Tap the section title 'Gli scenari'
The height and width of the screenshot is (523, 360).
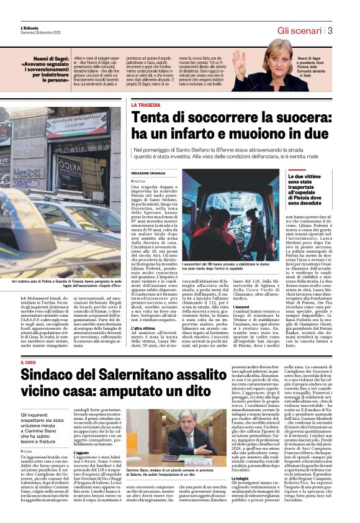click(300, 30)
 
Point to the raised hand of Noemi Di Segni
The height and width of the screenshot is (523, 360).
click(238, 62)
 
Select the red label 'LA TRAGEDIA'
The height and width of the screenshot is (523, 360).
click(145, 106)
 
